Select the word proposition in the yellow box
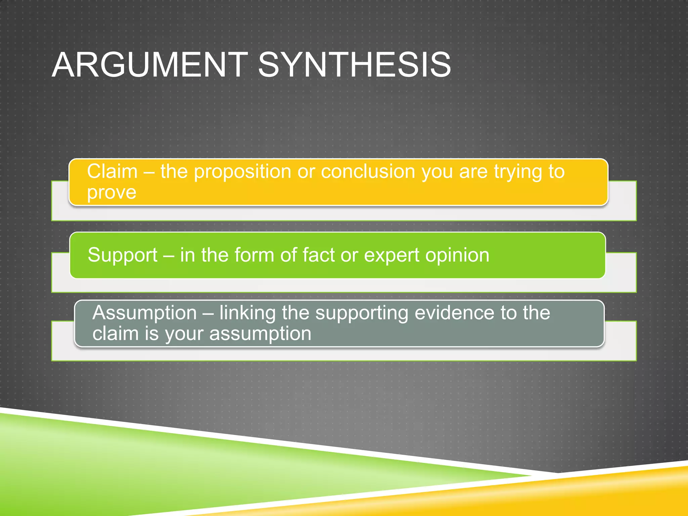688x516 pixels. pyautogui.click(x=243, y=172)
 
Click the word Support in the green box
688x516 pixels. pyautogui.click(x=122, y=255)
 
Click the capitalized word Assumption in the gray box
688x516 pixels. pyautogui.click(x=144, y=313)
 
